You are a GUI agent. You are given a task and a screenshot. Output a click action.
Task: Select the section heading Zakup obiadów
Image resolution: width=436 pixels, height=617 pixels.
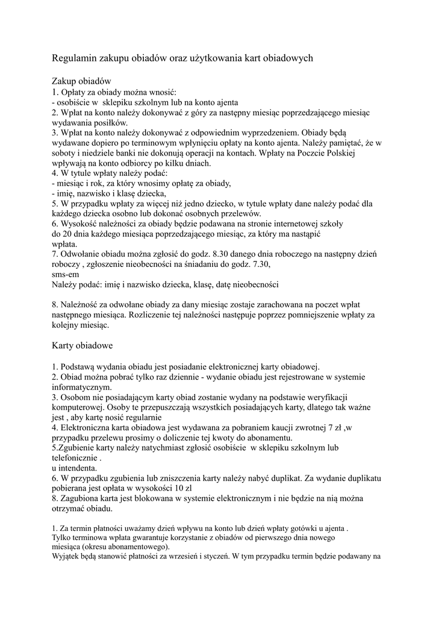81,81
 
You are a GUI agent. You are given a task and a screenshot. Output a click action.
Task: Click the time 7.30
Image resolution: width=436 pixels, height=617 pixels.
258,265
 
